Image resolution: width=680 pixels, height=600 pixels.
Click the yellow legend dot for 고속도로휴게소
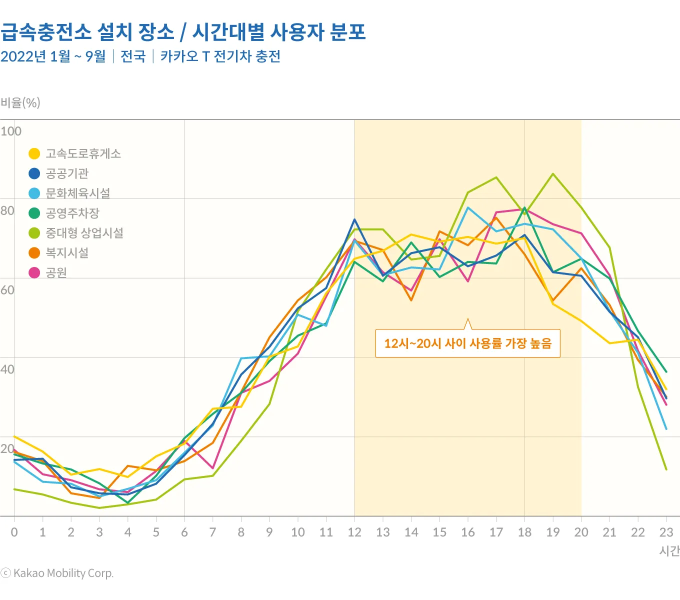click(34, 153)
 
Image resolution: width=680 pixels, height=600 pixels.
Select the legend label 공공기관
click(67, 173)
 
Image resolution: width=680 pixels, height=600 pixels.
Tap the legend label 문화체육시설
click(77, 193)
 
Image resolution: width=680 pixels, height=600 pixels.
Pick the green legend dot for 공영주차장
click(34, 213)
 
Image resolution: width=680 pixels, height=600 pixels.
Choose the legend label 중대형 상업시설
click(84, 233)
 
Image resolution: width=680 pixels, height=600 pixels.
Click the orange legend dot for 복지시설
click(34, 253)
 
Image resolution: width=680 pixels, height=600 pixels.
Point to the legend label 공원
click(56, 272)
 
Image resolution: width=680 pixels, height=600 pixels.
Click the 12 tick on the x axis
click(354, 532)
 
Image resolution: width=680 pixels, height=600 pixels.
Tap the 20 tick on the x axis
click(581, 532)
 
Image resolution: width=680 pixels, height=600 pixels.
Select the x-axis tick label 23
click(666, 532)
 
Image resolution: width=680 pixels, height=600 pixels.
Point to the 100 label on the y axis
click(10, 131)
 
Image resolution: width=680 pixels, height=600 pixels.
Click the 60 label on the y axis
click(7, 290)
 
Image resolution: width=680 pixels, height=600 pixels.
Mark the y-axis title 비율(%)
click(20, 103)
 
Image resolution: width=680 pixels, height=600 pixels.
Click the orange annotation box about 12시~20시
click(467, 343)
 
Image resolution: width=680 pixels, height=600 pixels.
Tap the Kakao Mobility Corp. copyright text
click(57, 573)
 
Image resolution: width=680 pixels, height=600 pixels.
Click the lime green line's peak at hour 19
click(552, 173)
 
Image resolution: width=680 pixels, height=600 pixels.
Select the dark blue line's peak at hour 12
click(354, 219)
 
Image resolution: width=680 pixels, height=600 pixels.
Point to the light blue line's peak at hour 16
click(468, 207)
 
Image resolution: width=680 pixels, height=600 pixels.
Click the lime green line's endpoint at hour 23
click(666, 469)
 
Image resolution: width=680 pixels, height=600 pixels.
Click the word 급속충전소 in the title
click(46, 32)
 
